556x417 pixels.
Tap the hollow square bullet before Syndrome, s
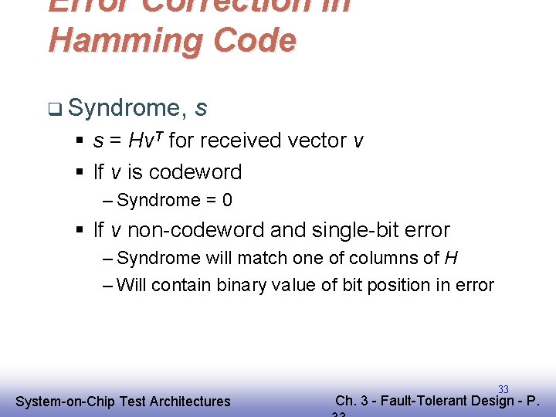click(x=53, y=109)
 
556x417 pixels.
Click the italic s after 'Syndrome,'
click(x=201, y=109)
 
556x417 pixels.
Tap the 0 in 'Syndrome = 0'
click(x=227, y=201)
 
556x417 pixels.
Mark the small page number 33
click(x=503, y=390)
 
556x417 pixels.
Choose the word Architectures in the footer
click(x=190, y=402)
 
